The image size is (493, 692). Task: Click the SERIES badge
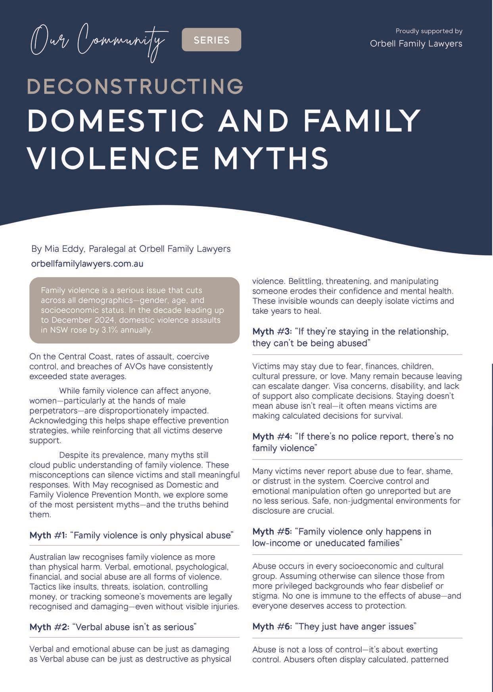[x=211, y=40]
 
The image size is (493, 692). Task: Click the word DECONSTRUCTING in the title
[x=135, y=86]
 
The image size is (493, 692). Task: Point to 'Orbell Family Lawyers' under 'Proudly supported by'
[x=416, y=44]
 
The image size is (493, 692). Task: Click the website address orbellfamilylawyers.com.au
[x=87, y=264]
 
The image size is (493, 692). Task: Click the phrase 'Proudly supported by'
[x=429, y=31]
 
